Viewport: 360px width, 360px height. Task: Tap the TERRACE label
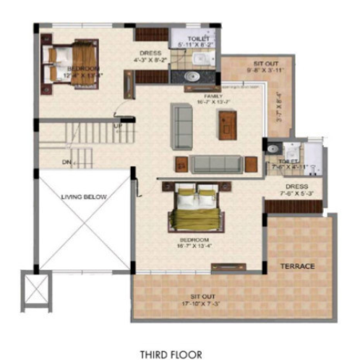coord(298,267)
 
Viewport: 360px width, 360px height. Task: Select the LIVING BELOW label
coord(84,197)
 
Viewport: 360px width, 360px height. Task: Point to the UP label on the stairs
coord(118,126)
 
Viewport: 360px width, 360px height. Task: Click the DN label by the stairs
coord(67,161)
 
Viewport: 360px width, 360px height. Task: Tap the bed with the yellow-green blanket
coord(197,210)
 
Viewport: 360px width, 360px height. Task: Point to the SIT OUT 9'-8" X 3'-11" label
coord(257,67)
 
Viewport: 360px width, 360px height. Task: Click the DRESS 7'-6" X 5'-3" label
coord(296,191)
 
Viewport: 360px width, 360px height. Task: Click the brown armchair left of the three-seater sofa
coord(181,165)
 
